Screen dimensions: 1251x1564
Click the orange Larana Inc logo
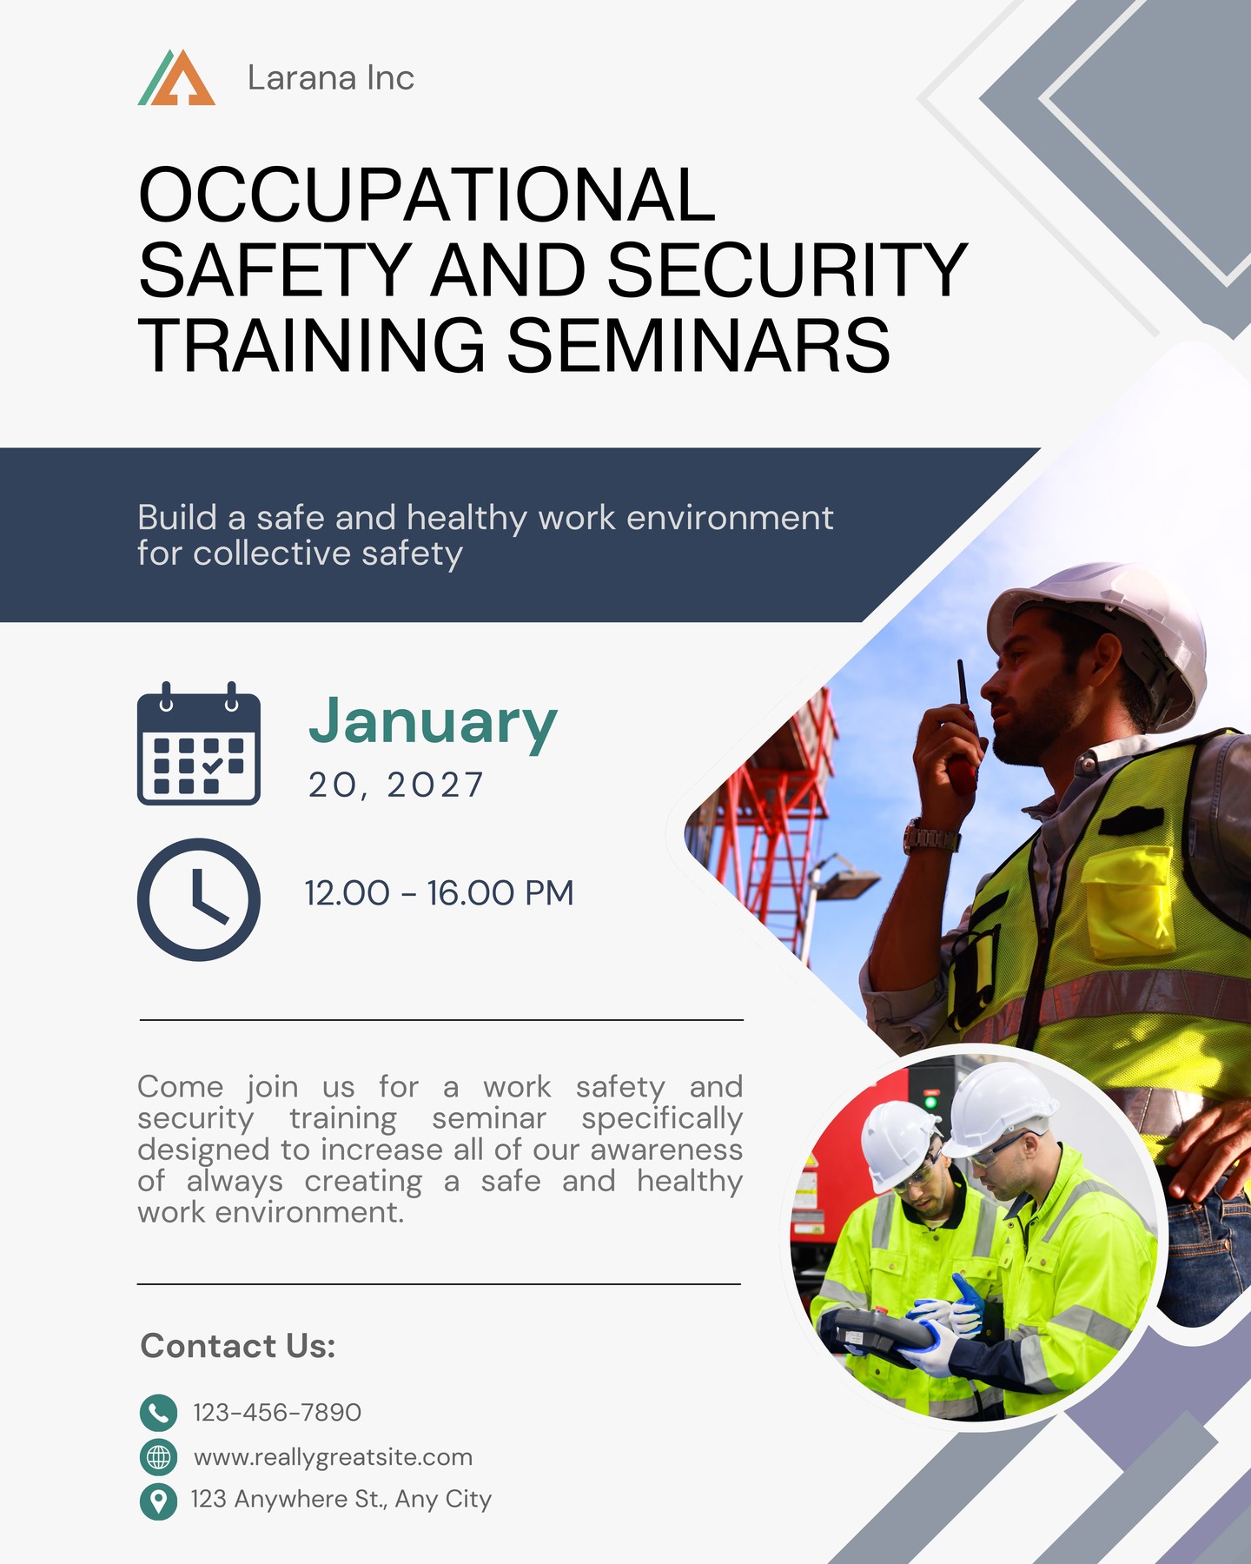click(x=176, y=77)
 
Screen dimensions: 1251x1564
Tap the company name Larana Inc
click(x=331, y=78)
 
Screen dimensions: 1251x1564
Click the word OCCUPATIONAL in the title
click(x=427, y=195)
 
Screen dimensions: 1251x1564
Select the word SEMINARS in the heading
click(x=698, y=345)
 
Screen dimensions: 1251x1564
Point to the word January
click(x=433, y=721)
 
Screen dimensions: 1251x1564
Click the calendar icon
click(x=199, y=744)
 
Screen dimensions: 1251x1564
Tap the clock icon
click(x=199, y=899)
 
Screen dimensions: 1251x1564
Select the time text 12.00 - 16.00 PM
click(x=440, y=893)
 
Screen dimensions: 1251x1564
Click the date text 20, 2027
click(x=395, y=785)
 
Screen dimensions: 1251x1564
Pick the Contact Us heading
click(x=238, y=1346)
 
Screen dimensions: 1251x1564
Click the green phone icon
click(x=158, y=1413)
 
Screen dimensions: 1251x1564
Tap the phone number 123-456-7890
click(x=277, y=1413)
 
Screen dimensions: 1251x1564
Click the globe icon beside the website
click(x=158, y=1456)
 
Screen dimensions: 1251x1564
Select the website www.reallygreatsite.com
click(x=333, y=1457)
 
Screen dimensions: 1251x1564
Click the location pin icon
click(x=158, y=1501)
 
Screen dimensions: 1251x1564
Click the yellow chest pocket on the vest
click(x=1129, y=901)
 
